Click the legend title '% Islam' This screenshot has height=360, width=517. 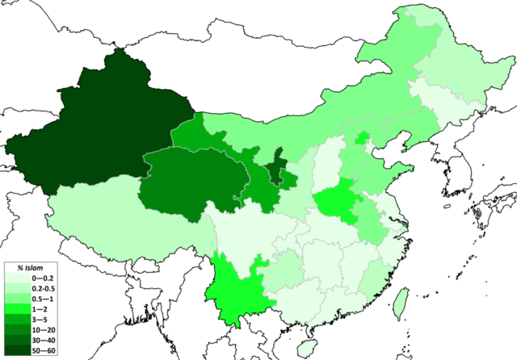29,269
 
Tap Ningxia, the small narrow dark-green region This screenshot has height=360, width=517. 277,161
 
